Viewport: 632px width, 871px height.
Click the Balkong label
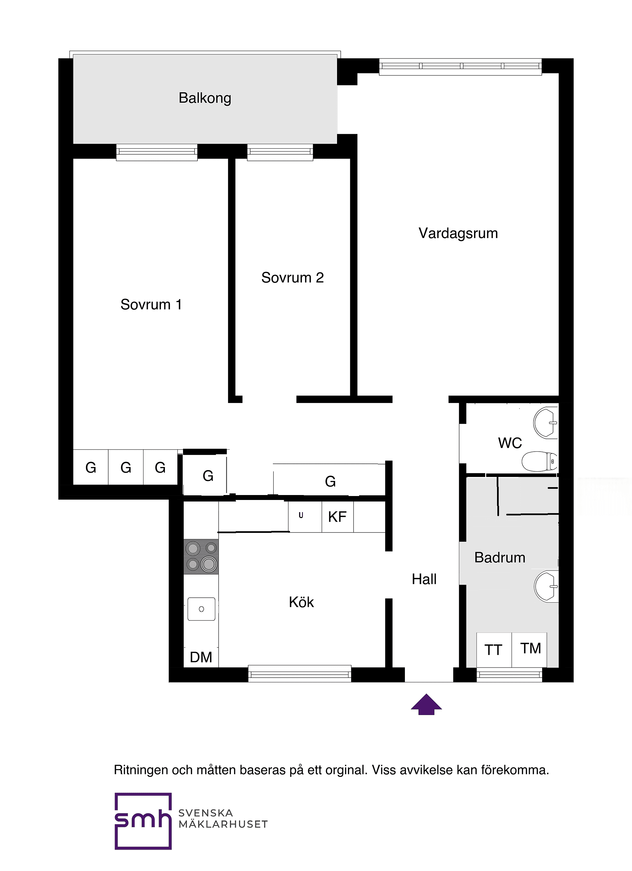pyautogui.click(x=204, y=98)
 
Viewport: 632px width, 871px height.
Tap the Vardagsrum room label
pyautogui.click(x=458, y=234)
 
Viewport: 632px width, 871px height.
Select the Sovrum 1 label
pyautogui.click(x=151, y=305)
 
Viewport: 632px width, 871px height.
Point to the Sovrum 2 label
pyautogui.click(x=292, y=278)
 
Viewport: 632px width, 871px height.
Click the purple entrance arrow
pyautogui.click(x=426, y=704)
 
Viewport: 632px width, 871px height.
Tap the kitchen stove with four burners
pyautogui.click(x=201, y=557)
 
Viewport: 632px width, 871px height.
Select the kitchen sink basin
pyautogui.click(x=201, y=609)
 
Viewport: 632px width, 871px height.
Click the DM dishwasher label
pyautogui.click(x=201, y=657)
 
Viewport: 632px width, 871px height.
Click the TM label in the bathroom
pyautogui.click(x=531, y=649)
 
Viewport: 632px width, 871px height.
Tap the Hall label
pyautogui.click(x=424, y=579)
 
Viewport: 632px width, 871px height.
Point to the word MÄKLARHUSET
pyautogui.click(x=223, y=825)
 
